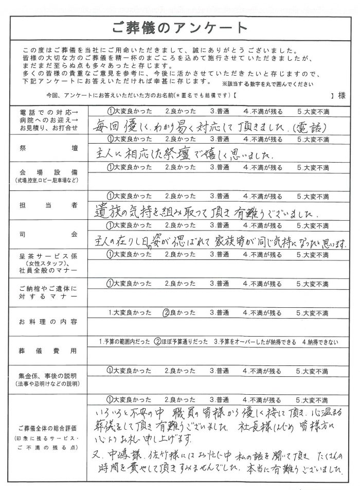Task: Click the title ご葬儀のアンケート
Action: pyautogui.click(x=179, y=27)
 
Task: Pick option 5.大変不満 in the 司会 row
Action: pyautogui.click(x=313, y=225)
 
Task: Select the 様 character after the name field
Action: pyautogui.click(x=340, y=96)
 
